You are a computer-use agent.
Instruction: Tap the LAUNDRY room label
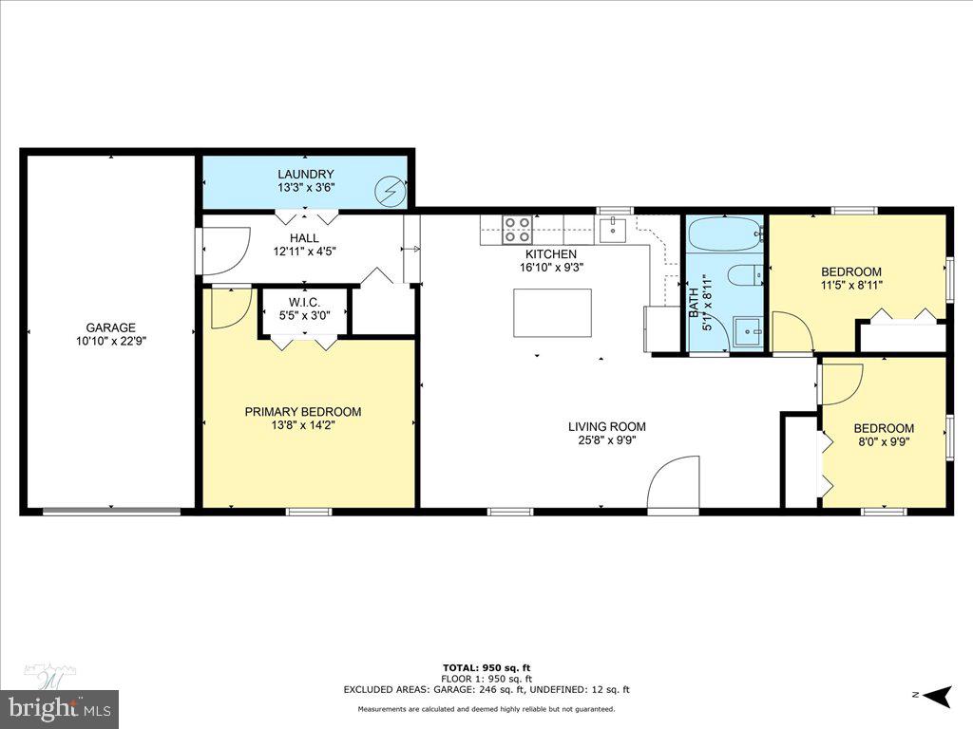[x=305, y=174]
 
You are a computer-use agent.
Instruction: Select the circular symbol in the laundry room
[x=390, y=191]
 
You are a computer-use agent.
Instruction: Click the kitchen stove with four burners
[x=517, y=229]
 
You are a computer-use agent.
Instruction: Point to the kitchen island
[x=552, y=313]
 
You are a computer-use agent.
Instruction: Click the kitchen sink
[x=613, y=229]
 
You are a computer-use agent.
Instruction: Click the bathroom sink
[x=750, y=333]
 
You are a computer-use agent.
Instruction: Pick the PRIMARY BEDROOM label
[x=303, y=411]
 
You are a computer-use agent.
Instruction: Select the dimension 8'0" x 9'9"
[x=884, y=441]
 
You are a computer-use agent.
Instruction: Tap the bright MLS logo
[x=59, y=707]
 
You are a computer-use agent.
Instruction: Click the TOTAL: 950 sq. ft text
[x=486, y=667]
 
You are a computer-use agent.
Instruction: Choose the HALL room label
[x=304, y=238]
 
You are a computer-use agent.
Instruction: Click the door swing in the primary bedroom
[x=228, y=308]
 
